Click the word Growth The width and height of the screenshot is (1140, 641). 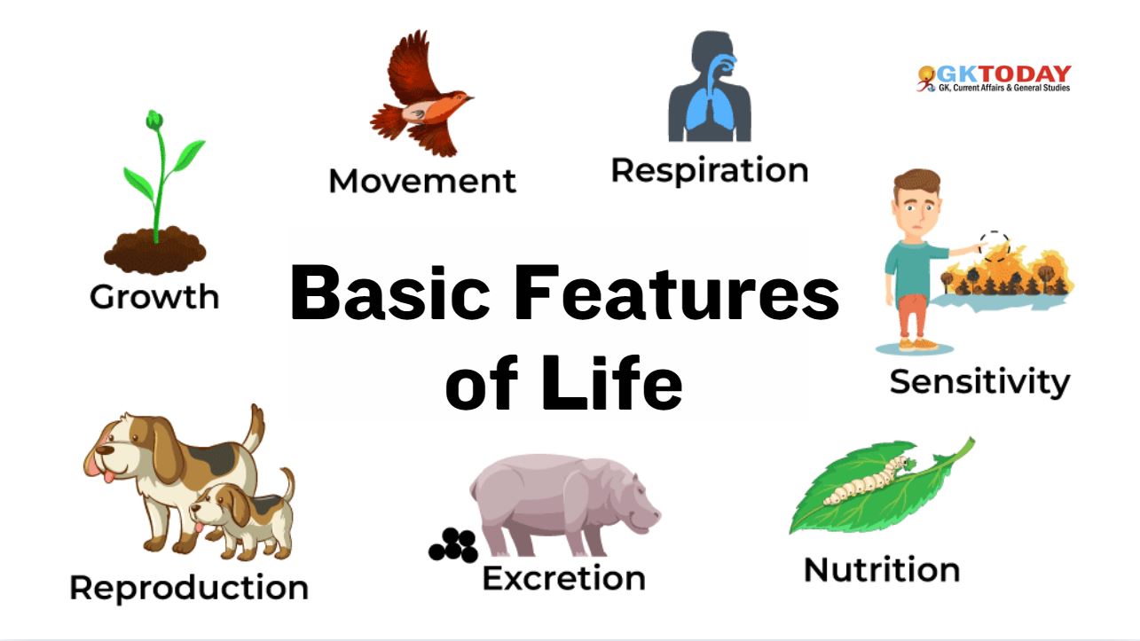(154, 296)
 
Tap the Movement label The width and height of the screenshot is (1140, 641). (422, 181)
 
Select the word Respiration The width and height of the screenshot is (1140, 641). (710, 171)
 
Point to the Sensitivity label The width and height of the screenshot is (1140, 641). (979, 383)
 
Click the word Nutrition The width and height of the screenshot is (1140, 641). (882, 569)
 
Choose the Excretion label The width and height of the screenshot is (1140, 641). (564, 578)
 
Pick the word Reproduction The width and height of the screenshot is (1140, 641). (189, 589)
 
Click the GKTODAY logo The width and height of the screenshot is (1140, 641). (994, 78)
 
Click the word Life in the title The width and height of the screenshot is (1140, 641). (611, 381)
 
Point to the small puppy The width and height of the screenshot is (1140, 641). (244, 514)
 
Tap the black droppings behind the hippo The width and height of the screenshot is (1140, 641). (453, 545)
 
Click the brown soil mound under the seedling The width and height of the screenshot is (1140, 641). (155, 250)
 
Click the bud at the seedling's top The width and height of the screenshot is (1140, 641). (154, 120)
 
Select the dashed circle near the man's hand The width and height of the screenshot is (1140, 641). (994, 246)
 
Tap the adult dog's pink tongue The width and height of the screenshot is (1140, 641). (108, 477)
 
